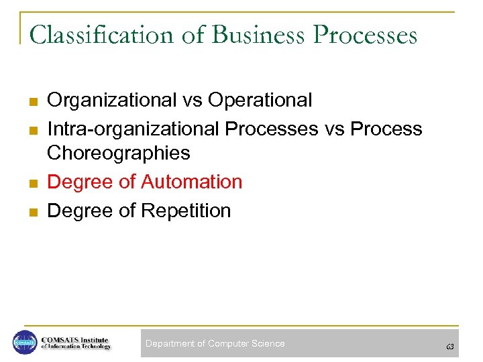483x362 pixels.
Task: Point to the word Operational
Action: pos(260,101)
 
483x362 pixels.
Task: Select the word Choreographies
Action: pos(119,154)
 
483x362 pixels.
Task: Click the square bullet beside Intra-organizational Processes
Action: pos(32,130)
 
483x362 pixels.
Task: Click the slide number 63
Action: pos(450,347)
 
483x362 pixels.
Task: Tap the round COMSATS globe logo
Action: pos(25,343)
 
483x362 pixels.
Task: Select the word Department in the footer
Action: pos(170,344)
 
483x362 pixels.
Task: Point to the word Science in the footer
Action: pos(268,344)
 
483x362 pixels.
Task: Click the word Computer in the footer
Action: pos(228,344)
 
